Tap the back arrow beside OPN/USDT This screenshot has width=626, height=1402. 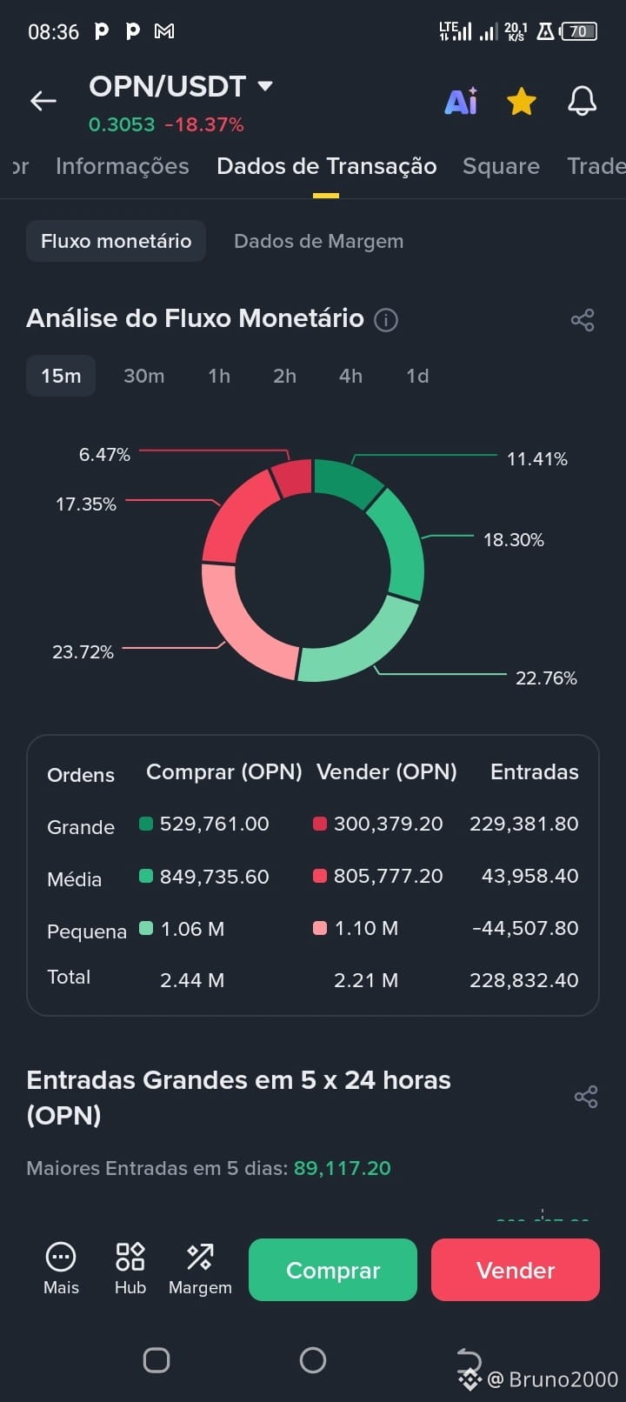pyautogui.click(x=43, y=100)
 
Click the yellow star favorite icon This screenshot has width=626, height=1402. pyautogui.click(x=521, y=101)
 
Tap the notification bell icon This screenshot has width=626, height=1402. pyautogui.click(x=582, y=100)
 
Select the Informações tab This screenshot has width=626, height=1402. pyautogui.click(x=122, y=166)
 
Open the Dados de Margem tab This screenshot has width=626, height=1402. pyautogui.click(x=318, y=241)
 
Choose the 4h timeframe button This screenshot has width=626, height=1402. pyautogui.click(x=350, y=376)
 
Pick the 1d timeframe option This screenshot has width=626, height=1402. pyautogui.click(x=417, y=376)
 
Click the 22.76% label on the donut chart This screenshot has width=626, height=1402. pyautogui.click(x=546, y=678)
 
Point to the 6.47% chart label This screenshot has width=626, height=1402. pyautogui.click(x=104, y=454)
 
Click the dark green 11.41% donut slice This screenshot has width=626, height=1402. pyautogui.click(x=345, y=481)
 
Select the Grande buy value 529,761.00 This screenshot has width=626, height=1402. pyautogui.click(x=214, y=824)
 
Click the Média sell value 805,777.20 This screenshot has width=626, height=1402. pyautogui.click(x=388, y=876)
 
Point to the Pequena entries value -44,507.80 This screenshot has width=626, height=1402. pyautogui.click(x=525, y=928)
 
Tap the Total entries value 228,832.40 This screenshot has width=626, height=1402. pyautogui.click(x=524, y=979)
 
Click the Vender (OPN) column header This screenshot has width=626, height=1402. pyautogui.click(x=386, y=771)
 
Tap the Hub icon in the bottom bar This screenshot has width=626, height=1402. pyautogui.click(x=130, y=1256)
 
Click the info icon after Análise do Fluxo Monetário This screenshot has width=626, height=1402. pyautogui.click(x=386, y=320)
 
